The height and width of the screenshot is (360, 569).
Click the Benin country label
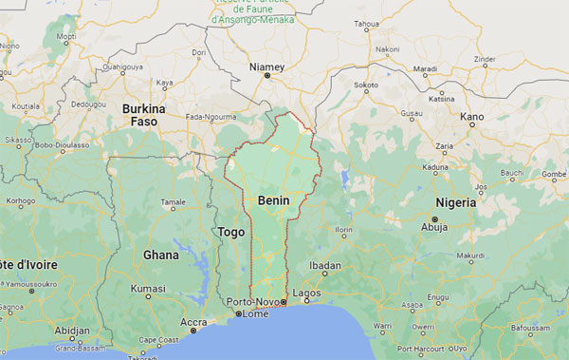(x=273, y=200)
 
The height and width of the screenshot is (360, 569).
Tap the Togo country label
(x=231, y=231)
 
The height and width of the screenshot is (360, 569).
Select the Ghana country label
(x=160, y=255)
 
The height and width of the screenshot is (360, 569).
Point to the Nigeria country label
(x=456, y=203)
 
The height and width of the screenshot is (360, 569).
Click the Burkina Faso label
(x=143, y=115)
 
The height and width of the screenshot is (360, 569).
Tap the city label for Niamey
(x=266, y=66)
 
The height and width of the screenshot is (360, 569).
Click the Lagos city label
(x=306, y=294)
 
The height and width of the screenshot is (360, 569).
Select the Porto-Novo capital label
(x=250, y=302)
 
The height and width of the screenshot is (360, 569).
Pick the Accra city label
(x=193, y=322)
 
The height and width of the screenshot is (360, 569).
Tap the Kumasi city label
(x=148, y=287)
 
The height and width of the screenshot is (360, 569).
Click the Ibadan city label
(x=325, y=265)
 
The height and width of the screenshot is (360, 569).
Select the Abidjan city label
(x=73, y=331)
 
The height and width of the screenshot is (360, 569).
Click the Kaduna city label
(x=435, y=167)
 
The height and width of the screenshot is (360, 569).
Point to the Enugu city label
(x=437, y=297)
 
